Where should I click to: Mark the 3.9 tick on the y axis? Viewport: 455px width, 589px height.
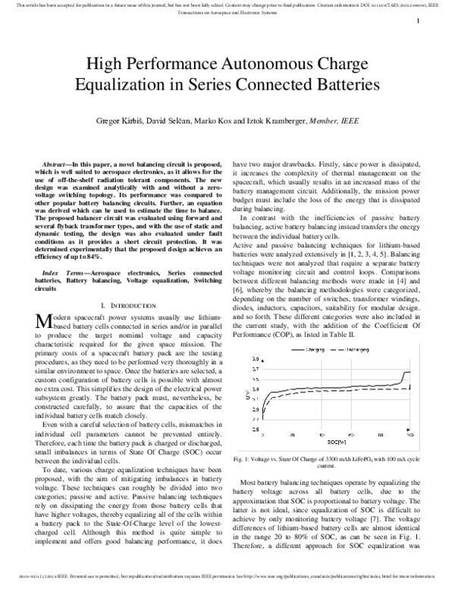pyautogui.click(x=255, y=359)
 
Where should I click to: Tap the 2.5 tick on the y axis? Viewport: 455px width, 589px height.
pyautogui.click(x=255, y=429)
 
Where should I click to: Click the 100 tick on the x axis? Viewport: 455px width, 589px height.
pyautogui.click(x=409, y=435)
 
